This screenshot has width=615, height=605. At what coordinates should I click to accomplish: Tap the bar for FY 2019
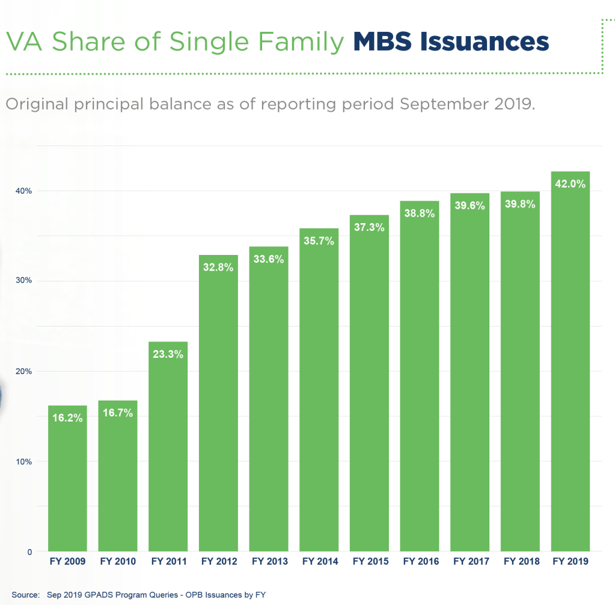pyautogui.click(x=570, y=361)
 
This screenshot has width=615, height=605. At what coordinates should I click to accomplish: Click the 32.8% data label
pyautogui.click(x=218, y=268)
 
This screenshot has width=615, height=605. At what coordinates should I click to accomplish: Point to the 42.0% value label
pyautogui.click(x=570, y=184)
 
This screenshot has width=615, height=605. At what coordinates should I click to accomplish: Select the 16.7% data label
pyautogui.click(x=118, y=413)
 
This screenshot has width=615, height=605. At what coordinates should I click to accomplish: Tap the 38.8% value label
pyautogui.click(x=420, y=213)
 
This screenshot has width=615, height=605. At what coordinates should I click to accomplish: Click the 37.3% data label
pyautogui.click(x=369, y=228)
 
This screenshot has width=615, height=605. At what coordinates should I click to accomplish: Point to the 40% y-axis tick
pyautogui.click(x=24, y=191)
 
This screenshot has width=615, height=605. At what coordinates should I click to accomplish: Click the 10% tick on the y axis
pyautogui.click(x=24, y=461)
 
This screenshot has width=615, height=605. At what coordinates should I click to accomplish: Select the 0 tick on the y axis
pyautogui.click(x=29, y=551)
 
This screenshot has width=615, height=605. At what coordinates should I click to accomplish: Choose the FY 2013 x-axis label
pyautogui.click(x=269, y=562)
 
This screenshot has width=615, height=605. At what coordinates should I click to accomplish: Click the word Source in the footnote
pyautogui.click(x=25, y=594)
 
